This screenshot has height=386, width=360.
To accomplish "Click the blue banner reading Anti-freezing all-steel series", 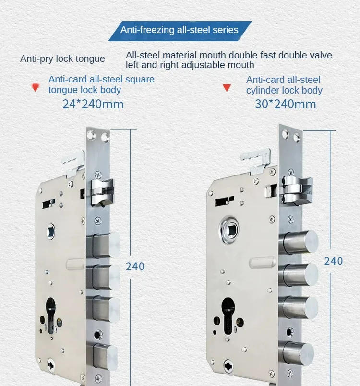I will click(x=180, y=30).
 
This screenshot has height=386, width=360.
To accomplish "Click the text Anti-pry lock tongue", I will click(x=62, y=59).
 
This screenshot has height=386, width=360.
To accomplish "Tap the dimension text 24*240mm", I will click(x=93, y=104).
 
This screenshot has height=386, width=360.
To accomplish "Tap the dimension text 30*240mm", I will click(x=286, y=104).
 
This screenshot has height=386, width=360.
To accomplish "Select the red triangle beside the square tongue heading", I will click(x=35, y=87).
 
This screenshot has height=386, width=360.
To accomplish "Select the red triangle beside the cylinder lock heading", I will click(x=227, y=88).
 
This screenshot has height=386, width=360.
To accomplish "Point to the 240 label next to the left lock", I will click(x=135, y=266).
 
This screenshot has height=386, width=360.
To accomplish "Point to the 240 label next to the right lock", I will click(x=334, y=261).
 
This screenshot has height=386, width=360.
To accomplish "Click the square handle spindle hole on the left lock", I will click(x=51, y=233).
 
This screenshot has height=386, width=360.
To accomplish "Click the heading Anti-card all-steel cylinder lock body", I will click(x=284, y=85).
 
